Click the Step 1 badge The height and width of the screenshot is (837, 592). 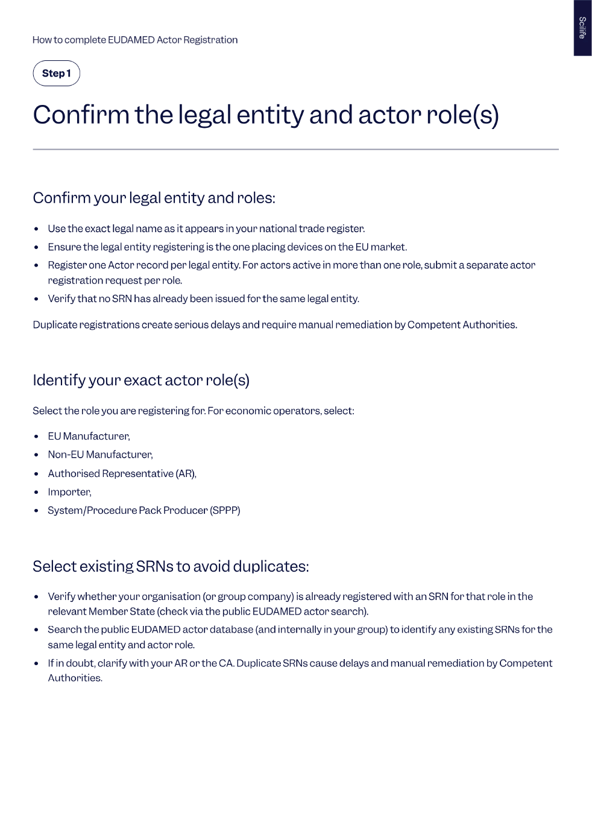pos(56,74)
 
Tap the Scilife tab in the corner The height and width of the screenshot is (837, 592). pos(582,28)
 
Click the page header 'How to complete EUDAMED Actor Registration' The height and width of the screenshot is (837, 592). pos(135,40)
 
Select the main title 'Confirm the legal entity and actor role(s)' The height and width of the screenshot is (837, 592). pos(266,115)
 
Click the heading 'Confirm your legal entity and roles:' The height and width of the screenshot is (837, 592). pos(154,198)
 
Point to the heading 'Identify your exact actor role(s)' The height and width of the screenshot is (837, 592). pos(141,380)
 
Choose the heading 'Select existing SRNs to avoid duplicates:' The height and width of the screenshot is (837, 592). pos(171,566)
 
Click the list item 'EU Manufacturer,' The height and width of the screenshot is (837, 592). pos(89,436)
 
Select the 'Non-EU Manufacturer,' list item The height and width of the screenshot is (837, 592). pos(100,455)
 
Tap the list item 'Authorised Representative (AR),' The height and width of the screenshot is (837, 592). pos(122,473)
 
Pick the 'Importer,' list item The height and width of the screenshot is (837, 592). pos(69,492)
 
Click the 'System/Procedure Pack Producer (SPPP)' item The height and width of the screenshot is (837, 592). pos(144,510)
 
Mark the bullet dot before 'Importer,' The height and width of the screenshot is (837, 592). pos(36,492)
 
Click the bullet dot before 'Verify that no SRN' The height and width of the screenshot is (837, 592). pos(36,298)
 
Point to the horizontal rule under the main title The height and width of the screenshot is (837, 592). pos(295,149)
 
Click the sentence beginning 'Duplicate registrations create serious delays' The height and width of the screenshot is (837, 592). pos(275,324)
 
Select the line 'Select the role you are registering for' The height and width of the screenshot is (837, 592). pos(194,411)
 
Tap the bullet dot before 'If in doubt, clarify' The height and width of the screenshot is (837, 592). pos(36,663)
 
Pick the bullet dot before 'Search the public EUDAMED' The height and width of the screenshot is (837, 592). pos(36,630)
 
